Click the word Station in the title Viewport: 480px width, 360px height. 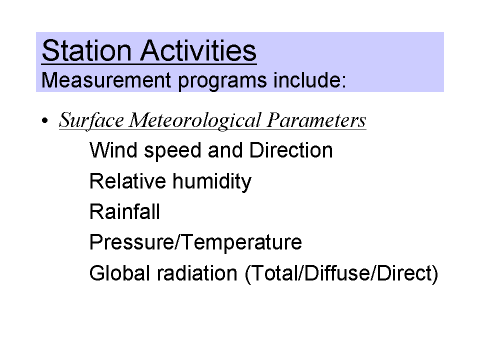86,50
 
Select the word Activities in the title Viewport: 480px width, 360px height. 198,50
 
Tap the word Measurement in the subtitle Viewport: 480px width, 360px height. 106,80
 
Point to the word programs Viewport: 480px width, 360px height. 222,81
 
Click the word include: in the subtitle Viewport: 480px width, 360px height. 310,80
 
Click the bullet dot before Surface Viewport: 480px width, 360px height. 45,120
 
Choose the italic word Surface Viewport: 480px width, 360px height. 91,120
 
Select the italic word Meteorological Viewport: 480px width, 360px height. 195,120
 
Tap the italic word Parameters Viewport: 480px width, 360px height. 316,120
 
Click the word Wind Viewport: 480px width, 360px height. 113,150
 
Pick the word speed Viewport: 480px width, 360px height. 172,151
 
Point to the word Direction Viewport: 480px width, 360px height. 291,150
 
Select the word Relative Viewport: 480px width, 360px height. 127,181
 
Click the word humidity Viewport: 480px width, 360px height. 212,182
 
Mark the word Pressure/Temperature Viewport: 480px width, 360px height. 195,242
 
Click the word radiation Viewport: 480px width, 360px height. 197,273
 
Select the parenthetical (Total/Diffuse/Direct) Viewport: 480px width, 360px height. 341,273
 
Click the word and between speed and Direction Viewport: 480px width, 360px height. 225,150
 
